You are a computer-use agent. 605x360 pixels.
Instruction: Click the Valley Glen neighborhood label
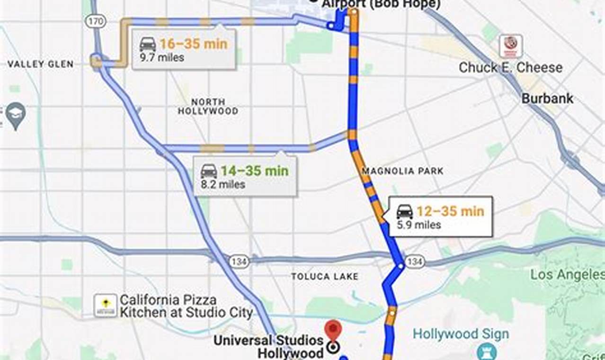pos(41,64)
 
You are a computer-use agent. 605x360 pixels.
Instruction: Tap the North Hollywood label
pos(208,107)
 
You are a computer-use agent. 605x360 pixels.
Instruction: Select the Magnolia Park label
pos(402,171)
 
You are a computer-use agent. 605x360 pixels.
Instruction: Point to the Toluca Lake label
pos(325,276)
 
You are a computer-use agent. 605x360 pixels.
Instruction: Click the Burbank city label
pos(547,99)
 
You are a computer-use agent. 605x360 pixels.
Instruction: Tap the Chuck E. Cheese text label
pos(511,68)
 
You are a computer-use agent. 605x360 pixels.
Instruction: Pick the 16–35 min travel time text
pos(193,44)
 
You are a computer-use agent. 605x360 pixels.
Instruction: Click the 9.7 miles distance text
pos(162,58)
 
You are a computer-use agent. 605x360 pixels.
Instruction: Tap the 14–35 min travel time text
pos(255,171)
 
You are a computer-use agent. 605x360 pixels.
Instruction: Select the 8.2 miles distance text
pos(223,185)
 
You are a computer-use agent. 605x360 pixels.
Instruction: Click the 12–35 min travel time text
pos(450,211)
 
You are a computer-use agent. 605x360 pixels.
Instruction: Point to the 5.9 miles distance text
pos(419,225)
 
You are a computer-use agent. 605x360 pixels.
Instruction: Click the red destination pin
pos(333,329)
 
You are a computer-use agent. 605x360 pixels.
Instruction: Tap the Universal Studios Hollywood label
pos(268,346)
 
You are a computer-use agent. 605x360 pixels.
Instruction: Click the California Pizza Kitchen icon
pos(105,306)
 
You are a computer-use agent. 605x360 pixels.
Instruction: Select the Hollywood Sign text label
pos(461,334)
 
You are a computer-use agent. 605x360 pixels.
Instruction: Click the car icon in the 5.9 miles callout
pos(405,212)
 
